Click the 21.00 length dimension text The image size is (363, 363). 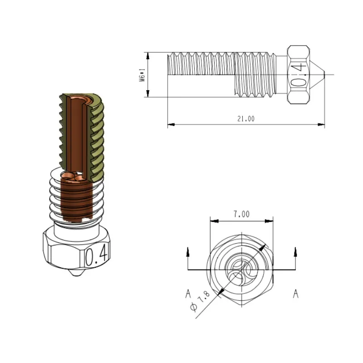coord(245,119)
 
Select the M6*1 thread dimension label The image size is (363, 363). coord(142,74)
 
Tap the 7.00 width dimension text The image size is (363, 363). coord(242,214)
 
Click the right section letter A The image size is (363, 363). coord(296,294)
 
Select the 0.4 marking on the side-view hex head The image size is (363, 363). coord(298,74)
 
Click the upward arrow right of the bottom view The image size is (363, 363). coord(296,251)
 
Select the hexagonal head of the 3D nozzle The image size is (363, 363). coord(75,250)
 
